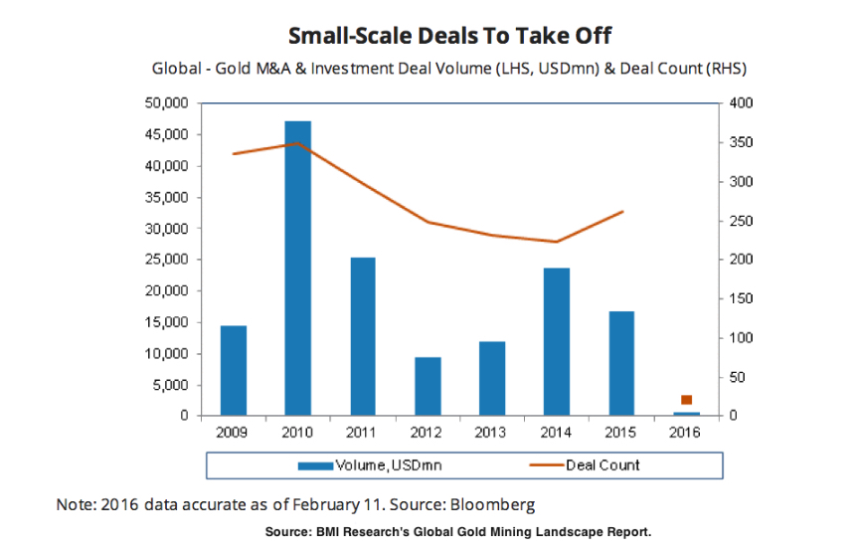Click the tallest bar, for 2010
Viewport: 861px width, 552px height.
297,269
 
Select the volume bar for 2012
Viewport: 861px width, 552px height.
427,386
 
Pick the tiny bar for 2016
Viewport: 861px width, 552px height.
685,413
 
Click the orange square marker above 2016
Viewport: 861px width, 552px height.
686,400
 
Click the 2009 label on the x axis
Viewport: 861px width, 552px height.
233,433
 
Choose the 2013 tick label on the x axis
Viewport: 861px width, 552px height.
491,433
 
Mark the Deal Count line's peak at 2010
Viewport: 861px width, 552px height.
297,143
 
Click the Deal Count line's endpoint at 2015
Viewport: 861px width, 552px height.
621,211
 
